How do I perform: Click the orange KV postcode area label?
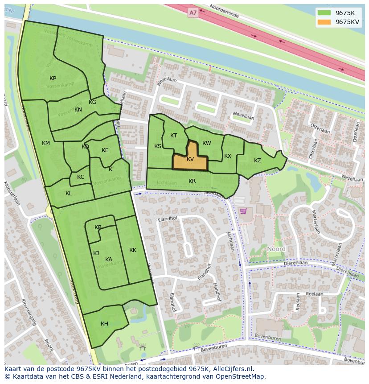point(190,159)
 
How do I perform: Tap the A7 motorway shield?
point(193,13)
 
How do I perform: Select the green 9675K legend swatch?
point(324,12)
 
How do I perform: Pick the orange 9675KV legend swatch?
point(324,22)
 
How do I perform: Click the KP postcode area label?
point(53,78)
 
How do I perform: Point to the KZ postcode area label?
point(258,161)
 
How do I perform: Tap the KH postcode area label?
point(104,324)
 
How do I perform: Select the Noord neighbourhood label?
point(276,249)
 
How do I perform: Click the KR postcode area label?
point(192,181)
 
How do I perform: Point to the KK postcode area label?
point(133,250)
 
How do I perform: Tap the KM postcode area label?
point(46,143)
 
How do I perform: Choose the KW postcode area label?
point(207,143)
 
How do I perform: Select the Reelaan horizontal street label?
point(315,294)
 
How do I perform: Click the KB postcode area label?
point(98,227)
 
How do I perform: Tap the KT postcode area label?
point(174,136)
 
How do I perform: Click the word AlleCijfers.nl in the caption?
point(232,369)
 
